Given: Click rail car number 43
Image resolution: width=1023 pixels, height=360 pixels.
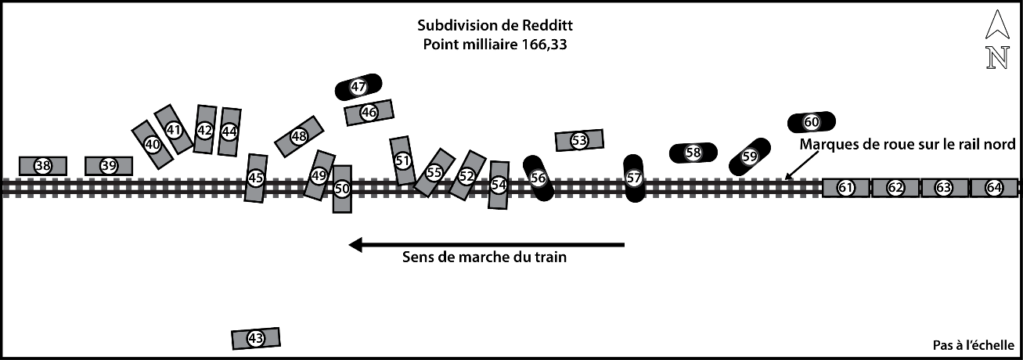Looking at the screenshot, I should click(x=255, y=338).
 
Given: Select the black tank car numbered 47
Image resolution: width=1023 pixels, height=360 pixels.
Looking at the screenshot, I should click(x=358, y=87).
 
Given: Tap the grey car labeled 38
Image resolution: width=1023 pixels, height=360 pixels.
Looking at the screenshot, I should click(x=42, y=166).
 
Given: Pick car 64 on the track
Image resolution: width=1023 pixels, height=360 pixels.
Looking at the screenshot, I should click(x=994, y=188).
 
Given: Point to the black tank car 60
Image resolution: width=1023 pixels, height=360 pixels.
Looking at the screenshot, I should click(x=812, y=121).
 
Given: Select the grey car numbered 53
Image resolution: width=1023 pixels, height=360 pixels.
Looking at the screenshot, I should click(x=579, y=140).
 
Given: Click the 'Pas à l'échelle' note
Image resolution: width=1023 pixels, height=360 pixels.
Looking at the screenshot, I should click(x=973, y=344).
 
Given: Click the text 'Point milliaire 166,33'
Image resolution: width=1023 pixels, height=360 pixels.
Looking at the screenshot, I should click(x=495, y=45).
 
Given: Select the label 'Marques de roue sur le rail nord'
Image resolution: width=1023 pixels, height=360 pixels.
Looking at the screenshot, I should click(x=907, y=144).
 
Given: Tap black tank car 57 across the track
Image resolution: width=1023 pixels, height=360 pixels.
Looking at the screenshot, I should click(x=634, y=178).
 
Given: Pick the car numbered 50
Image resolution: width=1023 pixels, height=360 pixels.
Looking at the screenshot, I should click(x=342, y=189).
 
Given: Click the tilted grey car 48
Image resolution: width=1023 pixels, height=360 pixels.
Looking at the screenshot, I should click(x=299, y=136).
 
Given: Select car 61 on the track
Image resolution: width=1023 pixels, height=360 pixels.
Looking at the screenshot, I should click(x=845, y=188).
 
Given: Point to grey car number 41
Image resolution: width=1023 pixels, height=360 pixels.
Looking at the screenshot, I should click(x=174, y=129).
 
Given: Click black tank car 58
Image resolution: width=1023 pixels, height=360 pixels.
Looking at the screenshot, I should click(x=693, y=153).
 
